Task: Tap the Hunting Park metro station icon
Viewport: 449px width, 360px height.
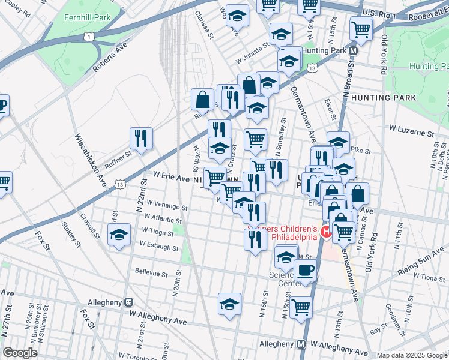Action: click(x=354, y=51)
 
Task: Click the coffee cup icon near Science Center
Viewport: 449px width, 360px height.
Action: click(x=306, y=270)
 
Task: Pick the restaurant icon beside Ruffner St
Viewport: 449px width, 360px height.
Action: click(x=141, y=139)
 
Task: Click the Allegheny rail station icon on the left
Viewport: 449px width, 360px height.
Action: click(x=128, y=302)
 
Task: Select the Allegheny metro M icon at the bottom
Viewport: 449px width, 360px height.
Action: click(x=301, y=344)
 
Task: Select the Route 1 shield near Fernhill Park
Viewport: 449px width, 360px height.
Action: click(x=89, y=37)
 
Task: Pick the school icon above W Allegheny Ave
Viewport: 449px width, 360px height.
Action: click(x=229, y=305)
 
